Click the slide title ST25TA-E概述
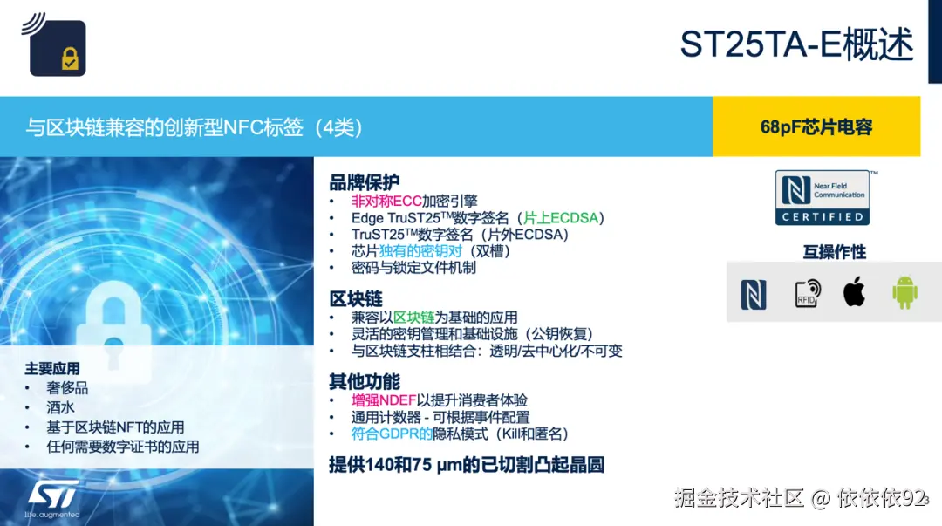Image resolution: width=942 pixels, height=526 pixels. tap(796, 44)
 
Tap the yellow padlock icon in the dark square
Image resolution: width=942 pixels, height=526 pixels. tap(70, 58)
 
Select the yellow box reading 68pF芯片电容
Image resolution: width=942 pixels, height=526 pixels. tap(816, 126)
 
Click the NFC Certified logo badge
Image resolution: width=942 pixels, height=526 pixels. tap(823, 198)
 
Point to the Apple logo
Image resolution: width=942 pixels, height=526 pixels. tap(854, 291)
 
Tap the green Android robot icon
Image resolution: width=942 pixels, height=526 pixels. tap(904, 293)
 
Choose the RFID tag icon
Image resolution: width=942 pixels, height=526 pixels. tap(808, 293)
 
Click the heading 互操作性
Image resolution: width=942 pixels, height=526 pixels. tap(835, 252)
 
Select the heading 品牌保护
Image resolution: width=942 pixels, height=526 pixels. tap(364, 181)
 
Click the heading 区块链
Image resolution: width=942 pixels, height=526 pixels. tap(356, 298)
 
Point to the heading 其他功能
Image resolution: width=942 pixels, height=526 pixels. tap(364, 381)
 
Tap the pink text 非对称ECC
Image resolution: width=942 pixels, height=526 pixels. tap(386, 201)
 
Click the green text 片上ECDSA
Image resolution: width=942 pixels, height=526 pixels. tap(561, 217)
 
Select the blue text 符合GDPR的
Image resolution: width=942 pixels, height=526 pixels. tap(392, 434)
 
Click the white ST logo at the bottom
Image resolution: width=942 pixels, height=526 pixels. tap(53, 495)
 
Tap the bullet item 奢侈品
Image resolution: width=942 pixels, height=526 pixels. tap(67, 387)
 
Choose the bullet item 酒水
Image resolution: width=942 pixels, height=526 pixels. tap(61, 407)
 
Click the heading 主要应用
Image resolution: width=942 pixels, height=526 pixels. tap(52, 368)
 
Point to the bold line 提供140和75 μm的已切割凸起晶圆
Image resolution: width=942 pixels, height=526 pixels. tap(467, 465)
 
